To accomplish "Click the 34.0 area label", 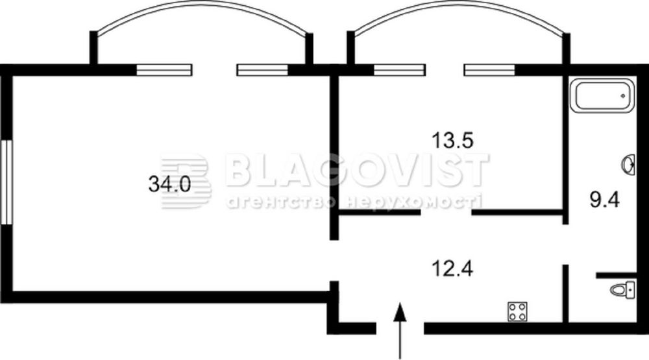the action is [x=169, y=184].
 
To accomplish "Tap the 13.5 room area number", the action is [x=452, y=140].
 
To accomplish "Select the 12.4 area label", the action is [x=452, y=269].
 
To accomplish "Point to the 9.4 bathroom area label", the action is [x=604, y=200].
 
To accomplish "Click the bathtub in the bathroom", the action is [x=602, y=95].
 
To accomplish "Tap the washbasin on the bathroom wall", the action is [x=629, y=165].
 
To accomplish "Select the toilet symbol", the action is [x=623, y=290].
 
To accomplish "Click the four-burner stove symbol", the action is [x=517, y=311].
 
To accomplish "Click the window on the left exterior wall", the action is [x=6, y=182].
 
